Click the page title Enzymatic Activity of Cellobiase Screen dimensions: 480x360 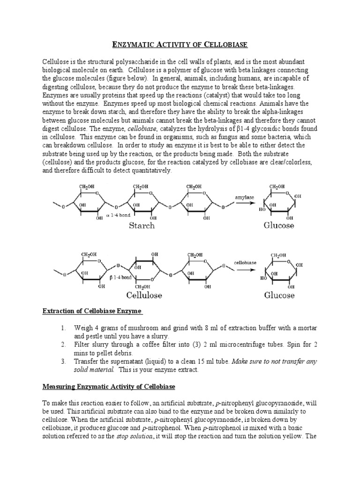pyautogui.click(x=180, y=45)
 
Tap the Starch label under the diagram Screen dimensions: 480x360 pyautogui.click(x=142, y=225)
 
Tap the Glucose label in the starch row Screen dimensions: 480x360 pyautogui.click(x=279, y=225)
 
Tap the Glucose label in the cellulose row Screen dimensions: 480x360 pyautogui.click(x=279, y=295)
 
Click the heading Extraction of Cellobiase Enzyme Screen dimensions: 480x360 pyautogui.click(x=92, y=312)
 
